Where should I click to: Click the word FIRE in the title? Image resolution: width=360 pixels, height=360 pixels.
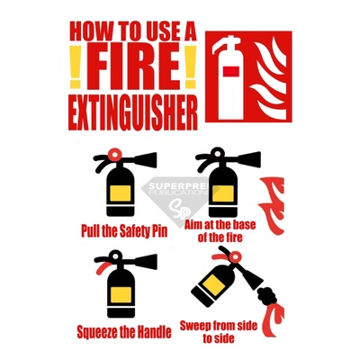click(134, 67)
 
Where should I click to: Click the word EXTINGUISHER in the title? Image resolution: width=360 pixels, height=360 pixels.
click(133, 112)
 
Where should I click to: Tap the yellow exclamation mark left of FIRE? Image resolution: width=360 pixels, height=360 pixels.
click(76, 67)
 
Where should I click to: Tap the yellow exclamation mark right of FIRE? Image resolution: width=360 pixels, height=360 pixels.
click(190, 67)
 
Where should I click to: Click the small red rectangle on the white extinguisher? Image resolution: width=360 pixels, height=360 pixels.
click(231, 71)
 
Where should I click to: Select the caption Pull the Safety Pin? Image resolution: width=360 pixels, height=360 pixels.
click(124, 230)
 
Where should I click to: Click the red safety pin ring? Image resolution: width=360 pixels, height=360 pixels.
click(114, 154)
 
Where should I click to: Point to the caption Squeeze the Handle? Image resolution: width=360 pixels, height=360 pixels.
click(124, 331)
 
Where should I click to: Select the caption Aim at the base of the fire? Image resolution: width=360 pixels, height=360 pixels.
click(220, 230)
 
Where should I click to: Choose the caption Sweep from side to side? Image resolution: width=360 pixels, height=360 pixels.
click(219, 331)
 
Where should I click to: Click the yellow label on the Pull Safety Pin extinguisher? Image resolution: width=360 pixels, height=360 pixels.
click(121, 193)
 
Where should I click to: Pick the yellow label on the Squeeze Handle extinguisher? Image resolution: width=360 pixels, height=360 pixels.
click(121, 295)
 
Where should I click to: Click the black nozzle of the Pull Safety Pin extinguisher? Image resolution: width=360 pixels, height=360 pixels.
click(146, 160)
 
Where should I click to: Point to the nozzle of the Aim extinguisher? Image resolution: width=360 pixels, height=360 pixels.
click(249, 159)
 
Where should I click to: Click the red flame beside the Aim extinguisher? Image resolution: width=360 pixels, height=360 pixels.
click(272, 205)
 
